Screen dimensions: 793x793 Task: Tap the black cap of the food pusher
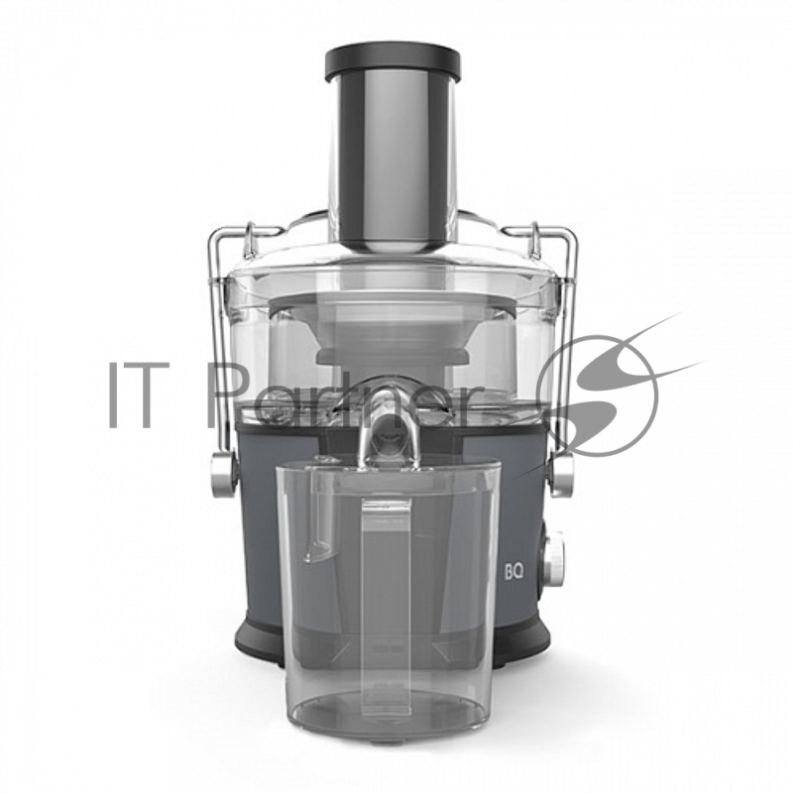[393, 63]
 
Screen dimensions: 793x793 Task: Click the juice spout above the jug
[388, 424]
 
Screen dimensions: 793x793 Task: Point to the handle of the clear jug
[387, 602]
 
